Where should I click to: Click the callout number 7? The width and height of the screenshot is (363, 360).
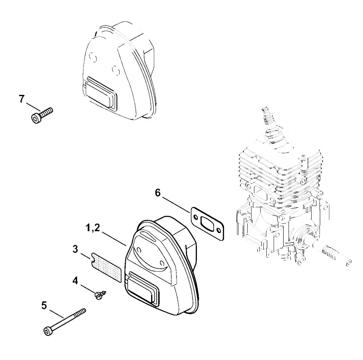(21, 99)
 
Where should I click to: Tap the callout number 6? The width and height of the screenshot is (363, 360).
(157, 193)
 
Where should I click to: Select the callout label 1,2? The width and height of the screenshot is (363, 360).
(93, 228)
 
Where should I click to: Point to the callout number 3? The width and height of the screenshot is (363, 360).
(75, 249)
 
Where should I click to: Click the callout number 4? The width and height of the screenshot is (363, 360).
(75, 281)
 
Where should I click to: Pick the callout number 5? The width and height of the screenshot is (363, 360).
(44, 306)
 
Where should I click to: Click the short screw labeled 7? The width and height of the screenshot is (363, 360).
(42, 115)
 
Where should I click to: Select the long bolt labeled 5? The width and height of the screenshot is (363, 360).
(64, 321)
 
